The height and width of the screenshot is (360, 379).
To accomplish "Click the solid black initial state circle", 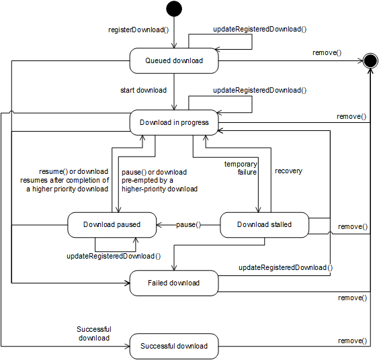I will (174, 9).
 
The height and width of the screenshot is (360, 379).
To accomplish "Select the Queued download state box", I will (173, 61).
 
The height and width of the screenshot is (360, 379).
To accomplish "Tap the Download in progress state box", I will (173, 122).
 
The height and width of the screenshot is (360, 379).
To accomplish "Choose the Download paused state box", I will (112, 224).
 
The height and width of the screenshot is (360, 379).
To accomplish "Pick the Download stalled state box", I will (264, 224).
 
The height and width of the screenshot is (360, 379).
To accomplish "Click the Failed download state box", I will (173, 283).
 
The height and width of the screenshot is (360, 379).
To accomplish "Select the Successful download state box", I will (173, 346).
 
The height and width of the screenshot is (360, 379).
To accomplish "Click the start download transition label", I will (143, 90).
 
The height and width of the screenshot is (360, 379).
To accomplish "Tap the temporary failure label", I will (241, 167).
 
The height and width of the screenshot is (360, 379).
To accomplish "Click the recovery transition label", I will (288, 171).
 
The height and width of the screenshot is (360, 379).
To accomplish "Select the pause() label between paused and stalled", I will (189, 224).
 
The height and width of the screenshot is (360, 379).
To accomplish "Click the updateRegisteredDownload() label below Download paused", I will (114, 256).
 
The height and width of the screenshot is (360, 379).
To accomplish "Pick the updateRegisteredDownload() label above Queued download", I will (259, 30).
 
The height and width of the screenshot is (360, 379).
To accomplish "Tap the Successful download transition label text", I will (93, 333).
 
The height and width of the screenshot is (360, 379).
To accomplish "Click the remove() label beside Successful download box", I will (351, 341).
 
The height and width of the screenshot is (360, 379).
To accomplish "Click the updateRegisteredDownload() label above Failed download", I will (286, 268).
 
